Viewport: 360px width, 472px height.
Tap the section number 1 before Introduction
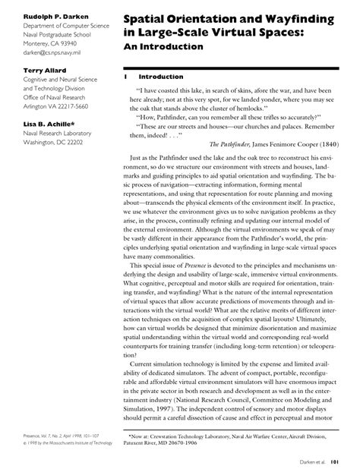click(124, 77)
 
